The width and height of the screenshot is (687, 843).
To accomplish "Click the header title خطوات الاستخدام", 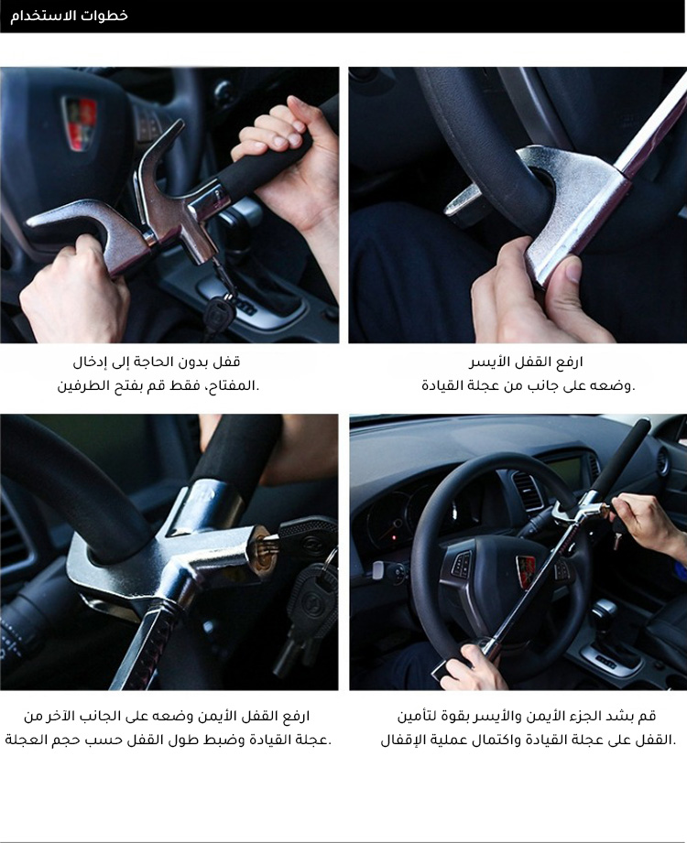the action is [x=70, y=15].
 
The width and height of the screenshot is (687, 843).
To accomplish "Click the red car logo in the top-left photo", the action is [x=80, y=123].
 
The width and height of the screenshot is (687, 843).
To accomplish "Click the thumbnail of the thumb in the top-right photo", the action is [x=573, y=270].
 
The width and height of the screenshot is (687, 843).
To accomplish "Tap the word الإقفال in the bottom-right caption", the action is [x=398, y=740].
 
